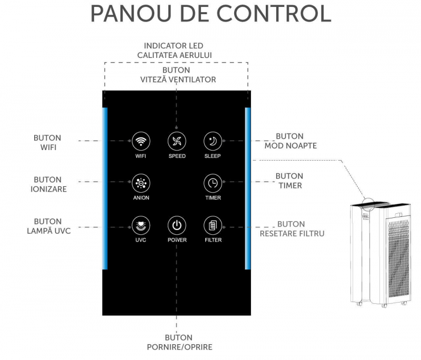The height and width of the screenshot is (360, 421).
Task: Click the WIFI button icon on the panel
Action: (141, 141)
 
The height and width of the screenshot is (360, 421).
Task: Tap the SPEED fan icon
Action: (177, 141)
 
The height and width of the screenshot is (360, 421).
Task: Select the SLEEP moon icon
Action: (213, 141)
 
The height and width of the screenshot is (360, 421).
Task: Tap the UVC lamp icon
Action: (141, 225)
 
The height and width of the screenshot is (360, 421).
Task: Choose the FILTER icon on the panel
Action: (213, 225)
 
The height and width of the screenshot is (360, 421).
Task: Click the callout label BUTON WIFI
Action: (47, 143)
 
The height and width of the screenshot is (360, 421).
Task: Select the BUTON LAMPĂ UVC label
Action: (48, 226)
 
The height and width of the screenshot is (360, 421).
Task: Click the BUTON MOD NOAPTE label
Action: (290, 141)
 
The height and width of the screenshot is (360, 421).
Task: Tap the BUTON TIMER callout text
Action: (289, 181)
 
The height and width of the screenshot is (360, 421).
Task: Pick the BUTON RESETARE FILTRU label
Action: (292, 228)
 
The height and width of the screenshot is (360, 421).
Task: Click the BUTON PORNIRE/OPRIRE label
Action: (179, 342)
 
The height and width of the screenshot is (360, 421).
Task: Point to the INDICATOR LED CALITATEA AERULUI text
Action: (175, 51)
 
